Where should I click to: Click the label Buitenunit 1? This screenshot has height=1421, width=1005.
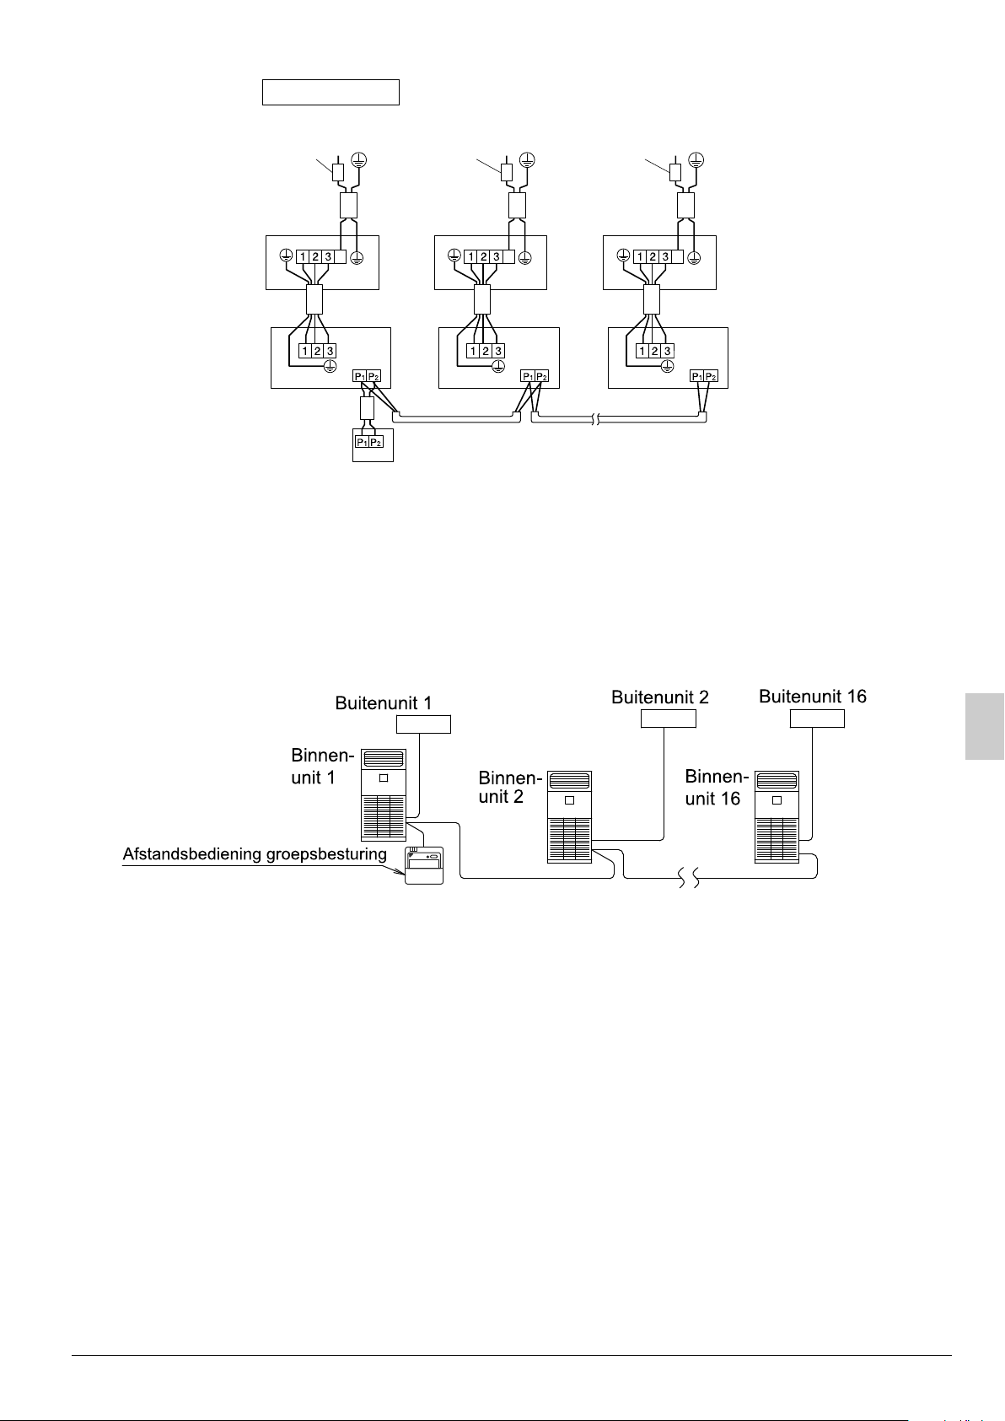click(384, 703)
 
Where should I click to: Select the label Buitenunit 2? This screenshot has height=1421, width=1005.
click(660, 697)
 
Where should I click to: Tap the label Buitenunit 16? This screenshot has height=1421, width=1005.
click(813, 697)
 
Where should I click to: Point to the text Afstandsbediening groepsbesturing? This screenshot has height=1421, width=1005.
click(255, 854)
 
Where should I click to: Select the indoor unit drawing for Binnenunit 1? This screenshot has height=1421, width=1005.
click(384, 794)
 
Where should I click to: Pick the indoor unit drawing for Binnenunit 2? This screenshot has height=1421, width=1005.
click(569, 816)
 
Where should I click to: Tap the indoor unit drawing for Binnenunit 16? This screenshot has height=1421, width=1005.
click(777, 816)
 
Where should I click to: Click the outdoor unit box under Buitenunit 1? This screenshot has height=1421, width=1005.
click(424, 724)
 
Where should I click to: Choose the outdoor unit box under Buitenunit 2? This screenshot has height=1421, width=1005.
click(669, 719)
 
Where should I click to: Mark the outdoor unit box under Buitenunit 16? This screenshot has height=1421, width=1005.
click(817, 719)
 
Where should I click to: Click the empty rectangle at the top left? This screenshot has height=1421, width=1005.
click(331, 92)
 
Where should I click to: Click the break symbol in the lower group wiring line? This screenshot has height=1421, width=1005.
click(690, 880)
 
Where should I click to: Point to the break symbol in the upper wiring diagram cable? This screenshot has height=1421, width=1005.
click(596, 418)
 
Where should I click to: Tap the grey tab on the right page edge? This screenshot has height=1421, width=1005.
click(985, 726)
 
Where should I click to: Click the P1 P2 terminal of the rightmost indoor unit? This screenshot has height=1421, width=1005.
click(704, 376)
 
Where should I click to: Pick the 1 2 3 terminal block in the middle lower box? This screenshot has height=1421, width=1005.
click(486, 351)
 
